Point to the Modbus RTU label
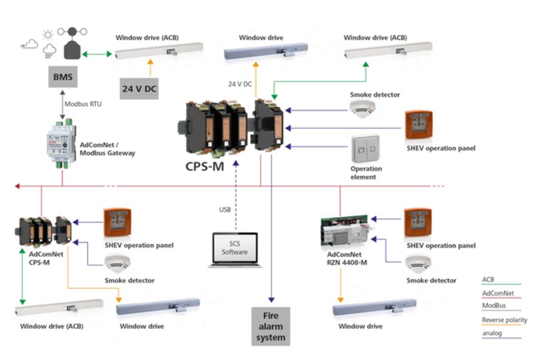(x=83, y=104)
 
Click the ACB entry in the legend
(x=488, y=280)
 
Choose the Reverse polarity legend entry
(x=505, y=320)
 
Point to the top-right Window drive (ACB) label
(x=375, y=38)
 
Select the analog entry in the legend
(x=493, y=334)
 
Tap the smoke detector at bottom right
(x=418, y=263)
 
